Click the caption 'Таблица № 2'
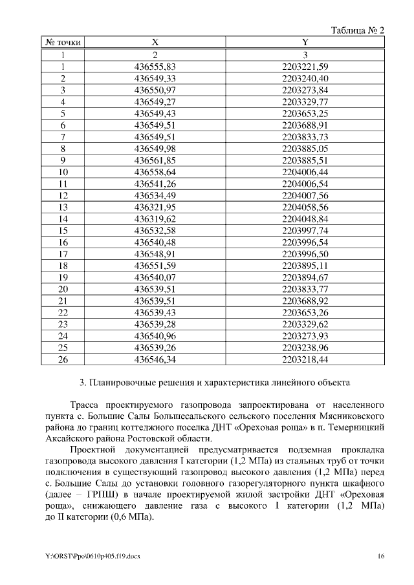pos(358,30)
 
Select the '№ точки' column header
pos(63,43)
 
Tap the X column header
pos(155,43)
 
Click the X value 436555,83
pos(155,67)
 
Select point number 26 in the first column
pos(63,359)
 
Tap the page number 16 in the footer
pos(381,555)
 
